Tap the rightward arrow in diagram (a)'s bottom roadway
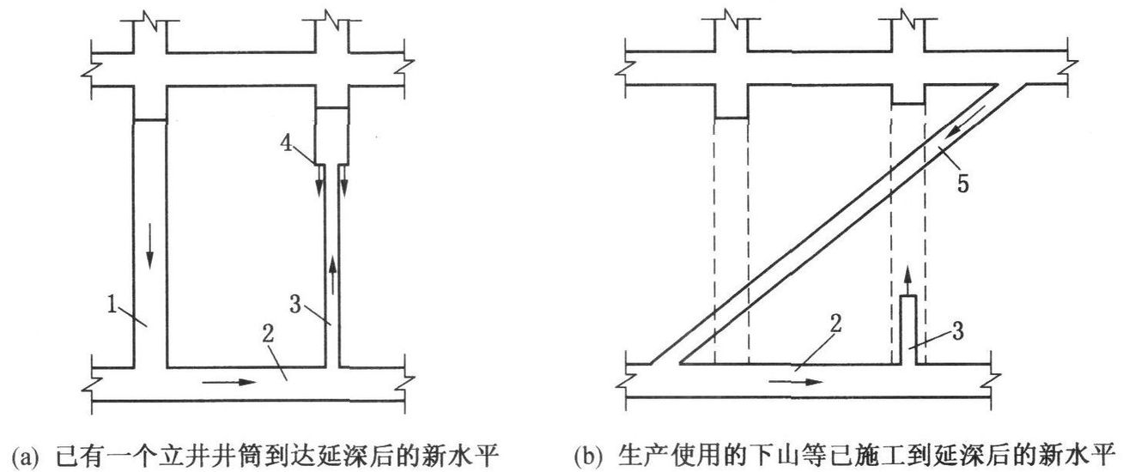click(234, 381)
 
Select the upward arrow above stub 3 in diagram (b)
click(908, 279)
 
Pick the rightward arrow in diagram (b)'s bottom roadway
click(790, 381)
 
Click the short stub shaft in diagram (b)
click(908, 330)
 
